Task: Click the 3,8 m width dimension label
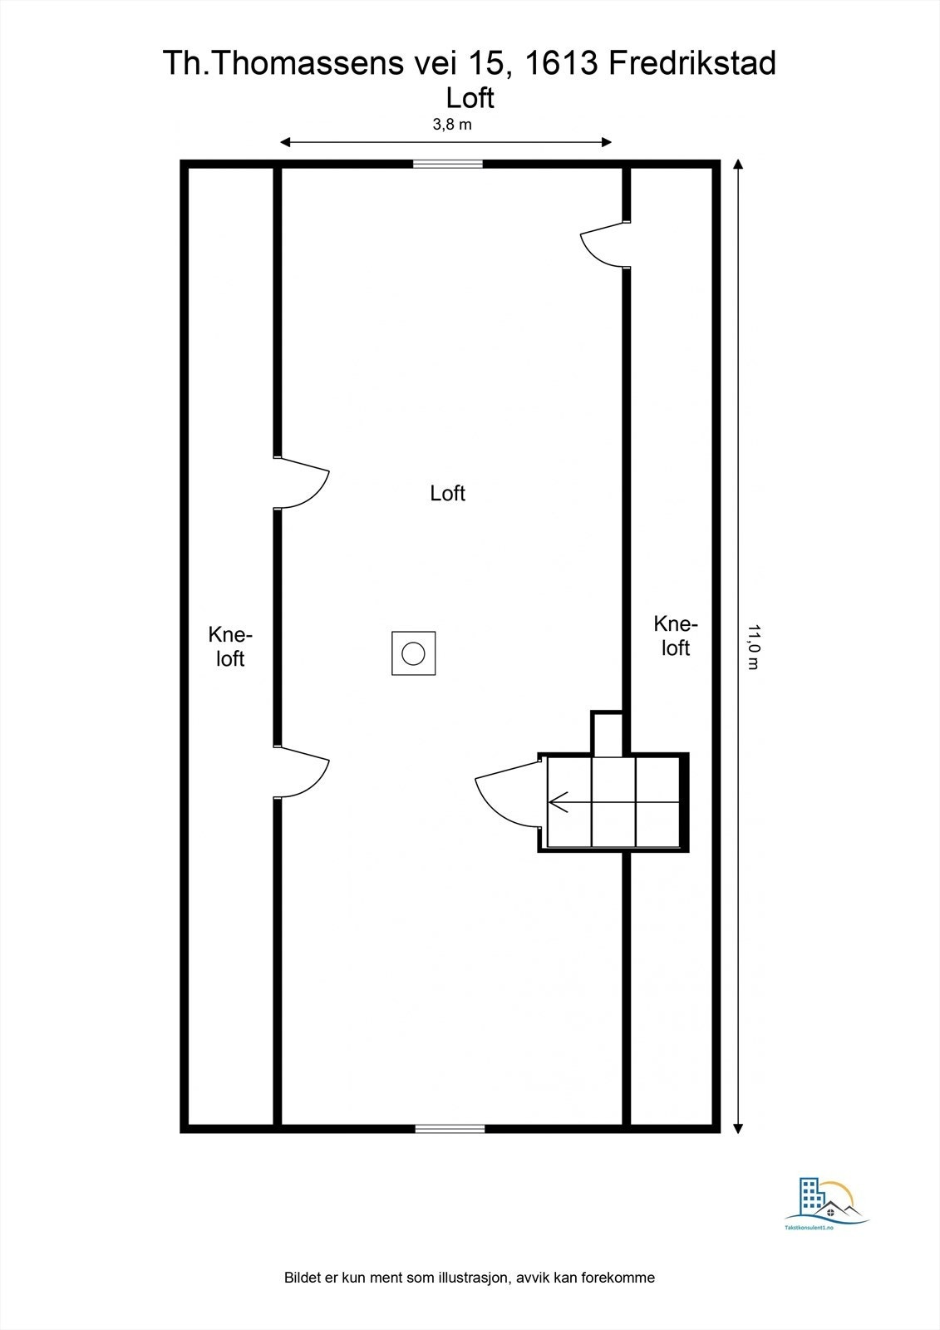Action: pyautogui.click(x=451, y=125)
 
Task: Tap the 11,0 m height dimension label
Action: pyautogui.click(x=753, y=647)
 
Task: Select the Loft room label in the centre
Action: pyautogui.click(x=447, y=493)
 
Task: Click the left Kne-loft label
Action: pyautogui.click(x=230, y=647)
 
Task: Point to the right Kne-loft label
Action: pyautogui.click(x=676, y=636)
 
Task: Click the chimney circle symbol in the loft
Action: pyautogui.click(x=413, y=653)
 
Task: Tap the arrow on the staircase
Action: pyautogui.click(x=559, y=802)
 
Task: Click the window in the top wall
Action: pyautogui.click(x=448, y=164)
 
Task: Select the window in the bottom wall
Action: pyautogui.click(x=450, y=1128)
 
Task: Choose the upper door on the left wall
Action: pyautogui.click(x=303, y=483)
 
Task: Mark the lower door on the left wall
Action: pyautogui.click(x=303, y=772)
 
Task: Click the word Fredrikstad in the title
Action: pyautogui.click(x=693, y=63)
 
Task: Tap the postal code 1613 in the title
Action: pyautogui.click(x=563, y=63)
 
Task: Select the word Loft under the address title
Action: pyautogui.click(x=470, y=98)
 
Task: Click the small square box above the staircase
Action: pyautogui.click(x=607, y=733)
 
